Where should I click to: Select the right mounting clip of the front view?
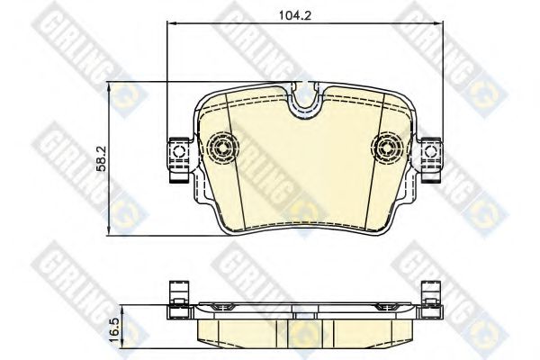pos(429,152)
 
